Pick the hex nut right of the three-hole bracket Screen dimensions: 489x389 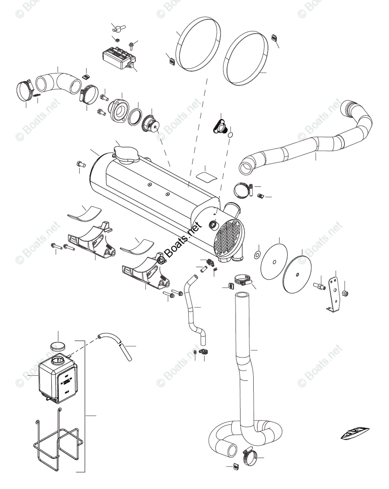coord(345,293)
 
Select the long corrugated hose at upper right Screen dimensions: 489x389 coord(310,141)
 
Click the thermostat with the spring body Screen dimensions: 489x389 coord(152,123)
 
